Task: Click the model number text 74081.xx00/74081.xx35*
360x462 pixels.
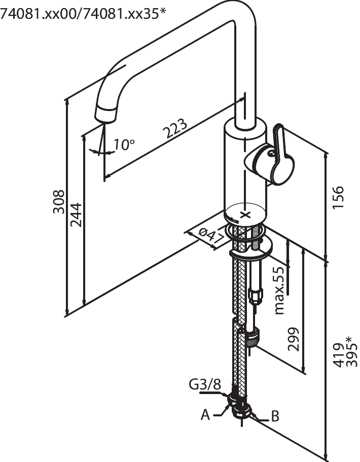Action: [83, 14]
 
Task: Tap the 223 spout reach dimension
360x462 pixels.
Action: [175, 129]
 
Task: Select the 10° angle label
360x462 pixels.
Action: [124, 145]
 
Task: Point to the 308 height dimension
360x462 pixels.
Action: [59, 201]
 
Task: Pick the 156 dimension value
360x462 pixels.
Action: [338, 197]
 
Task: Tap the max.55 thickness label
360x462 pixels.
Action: [279, 291]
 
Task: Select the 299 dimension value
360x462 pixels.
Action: [294, 339]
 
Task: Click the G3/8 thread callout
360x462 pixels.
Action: [205, 385]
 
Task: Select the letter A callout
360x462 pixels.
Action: [205, 415]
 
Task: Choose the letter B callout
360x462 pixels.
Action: [275, 417]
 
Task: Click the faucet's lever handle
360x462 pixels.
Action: [276, 157]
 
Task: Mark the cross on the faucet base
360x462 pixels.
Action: [246, 214]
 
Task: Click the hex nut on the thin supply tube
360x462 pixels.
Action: [256, 295]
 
